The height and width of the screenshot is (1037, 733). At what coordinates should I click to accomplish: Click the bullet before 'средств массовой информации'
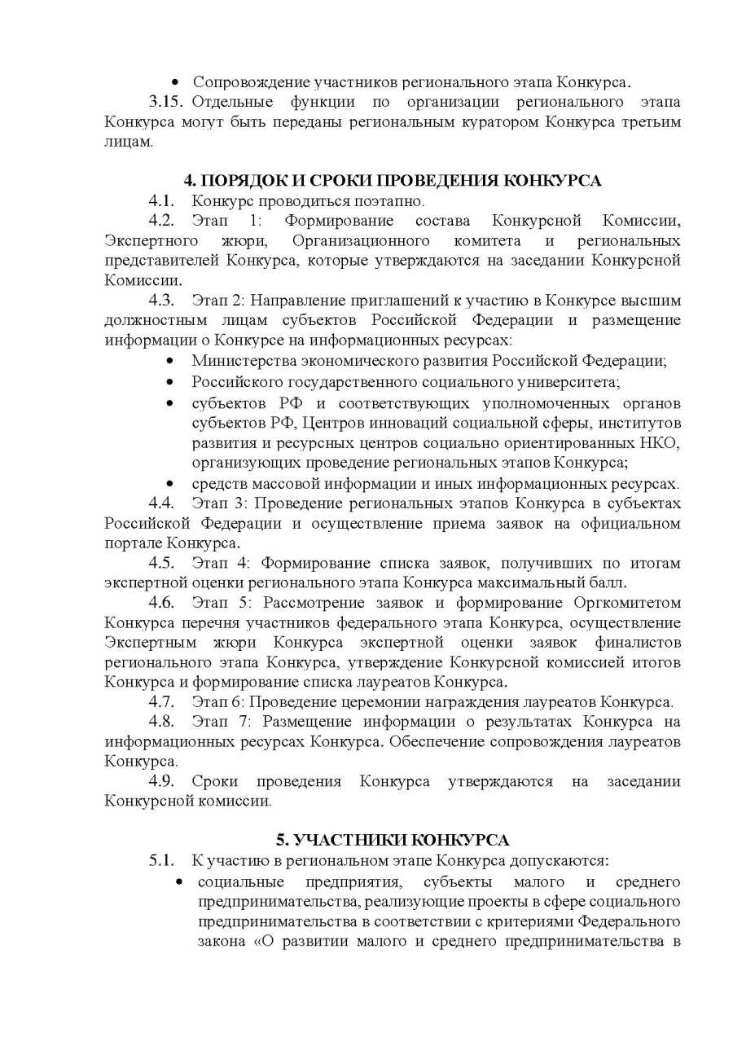[169, 484]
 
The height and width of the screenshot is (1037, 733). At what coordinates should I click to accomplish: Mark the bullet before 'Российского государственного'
[169, 382]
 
